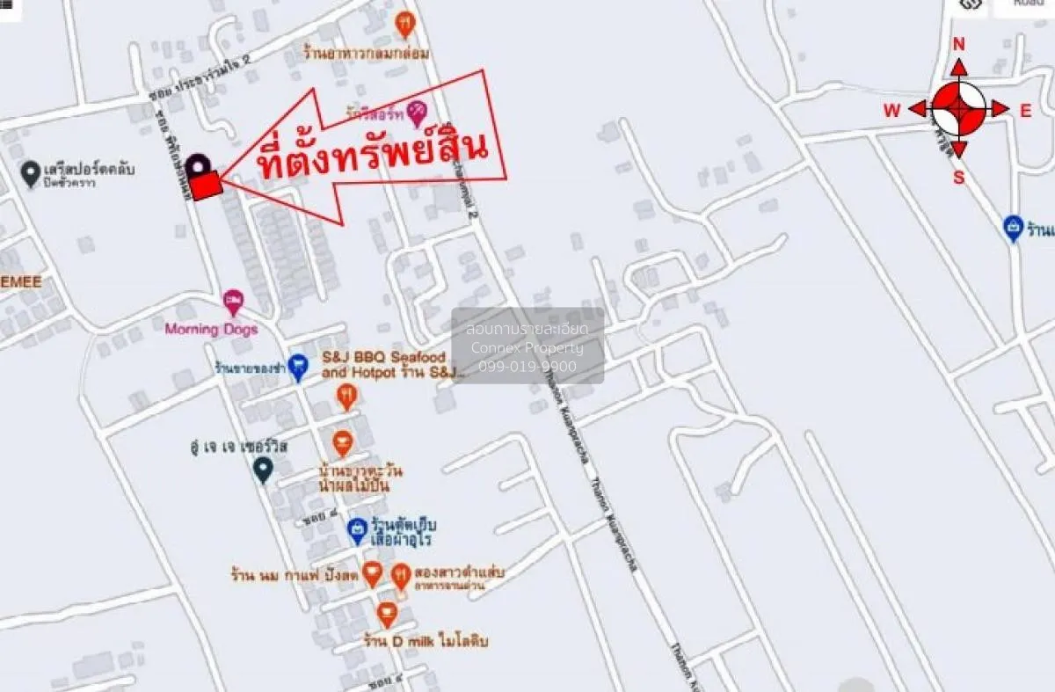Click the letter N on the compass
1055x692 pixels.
(x=958, y=45)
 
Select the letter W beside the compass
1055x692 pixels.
(x=891, y=111)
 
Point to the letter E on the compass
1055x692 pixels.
(x=1025, y=111)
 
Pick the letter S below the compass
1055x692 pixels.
(x=958, y=177)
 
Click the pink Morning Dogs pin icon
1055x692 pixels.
(x=233, y=302)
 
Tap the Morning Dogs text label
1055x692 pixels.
(x=211, y=330)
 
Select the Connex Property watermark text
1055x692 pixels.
(x=527, y=347)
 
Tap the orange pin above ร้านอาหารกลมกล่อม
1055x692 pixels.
(x=404, y=24)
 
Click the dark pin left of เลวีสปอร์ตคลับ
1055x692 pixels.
(x=31, y=171)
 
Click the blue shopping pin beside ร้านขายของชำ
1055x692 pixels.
(x=298, y=367)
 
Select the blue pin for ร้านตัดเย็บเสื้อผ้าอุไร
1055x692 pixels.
(x=356, y=529)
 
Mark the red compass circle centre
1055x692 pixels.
(x=958, y=109)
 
